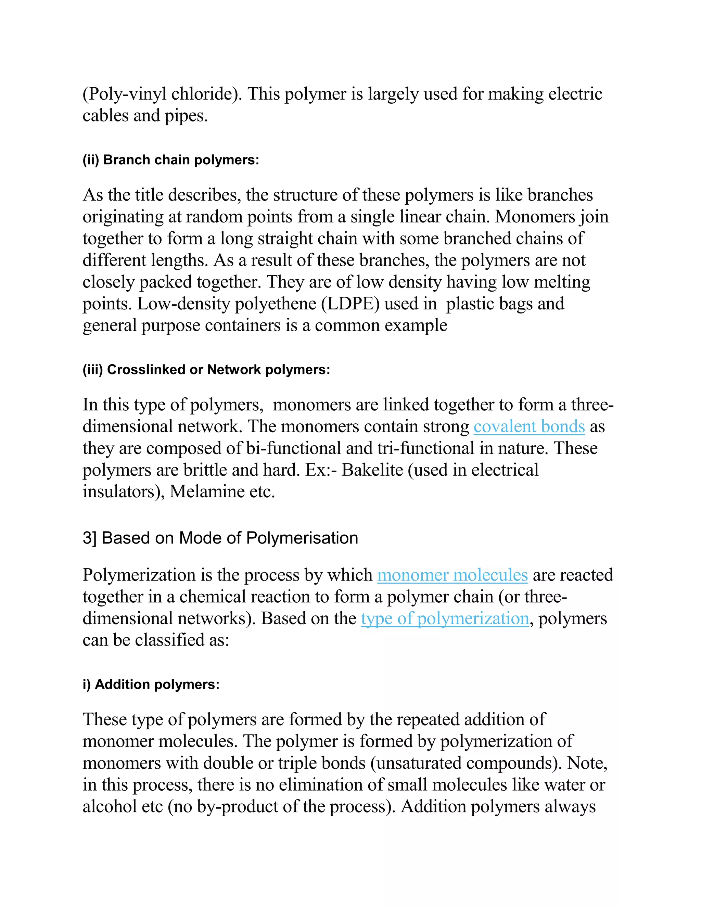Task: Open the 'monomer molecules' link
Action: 452,575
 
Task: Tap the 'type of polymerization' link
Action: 444,618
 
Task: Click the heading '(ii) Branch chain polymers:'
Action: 171,160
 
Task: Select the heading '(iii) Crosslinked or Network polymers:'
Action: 206,370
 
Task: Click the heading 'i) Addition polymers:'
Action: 151,685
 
